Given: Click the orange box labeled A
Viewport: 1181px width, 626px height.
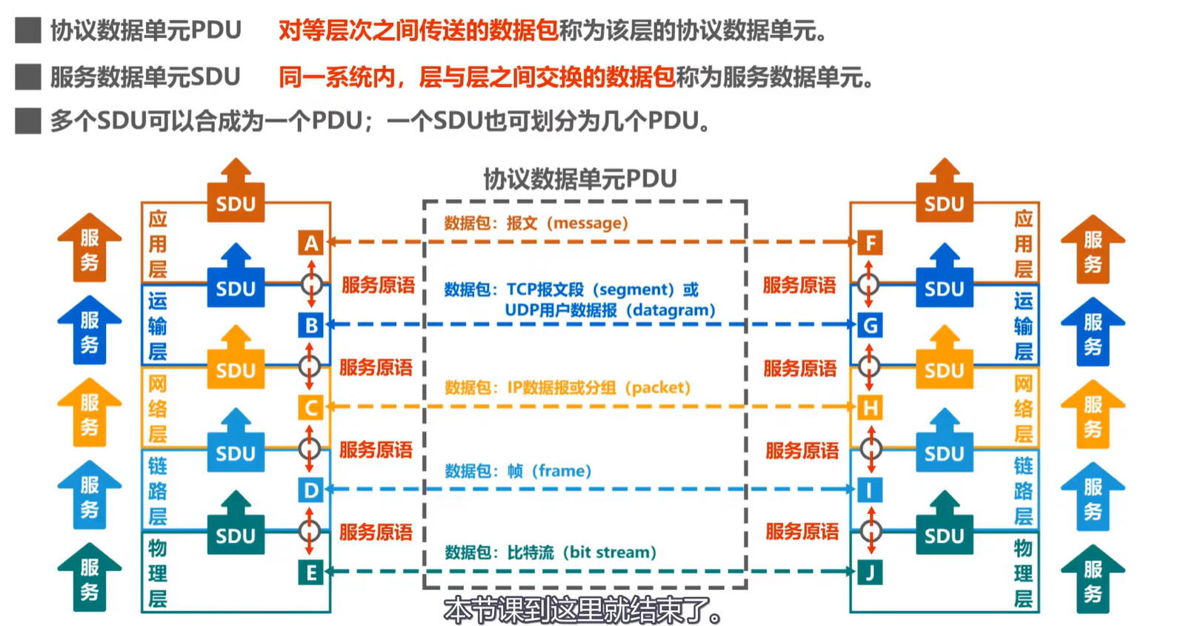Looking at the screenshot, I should click(x=311, y=243).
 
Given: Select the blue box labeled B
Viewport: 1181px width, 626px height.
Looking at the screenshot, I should click(x=311, y=325).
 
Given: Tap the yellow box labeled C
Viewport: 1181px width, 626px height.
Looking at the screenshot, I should click(x=311, y=407).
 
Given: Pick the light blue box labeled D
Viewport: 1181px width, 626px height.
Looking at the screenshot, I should click(x=311, y=490).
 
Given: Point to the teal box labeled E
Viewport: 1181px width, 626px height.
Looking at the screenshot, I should click(x=311, y=572).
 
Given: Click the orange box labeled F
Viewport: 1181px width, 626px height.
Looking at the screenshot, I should click(x=870, y=243).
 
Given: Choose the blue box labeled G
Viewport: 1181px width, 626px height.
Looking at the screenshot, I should click(x=870, y=325).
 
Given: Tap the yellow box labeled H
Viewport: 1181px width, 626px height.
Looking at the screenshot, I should click(x=870, y=407).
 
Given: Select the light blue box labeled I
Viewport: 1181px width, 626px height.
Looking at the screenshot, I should click(x=870, y=490).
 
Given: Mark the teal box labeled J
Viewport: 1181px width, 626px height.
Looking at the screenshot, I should click(x=870, y=572).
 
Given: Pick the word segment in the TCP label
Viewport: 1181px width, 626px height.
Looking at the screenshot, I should click(x=632, y=289).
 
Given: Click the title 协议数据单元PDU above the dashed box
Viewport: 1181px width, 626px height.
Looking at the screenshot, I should click(x=580, y=179).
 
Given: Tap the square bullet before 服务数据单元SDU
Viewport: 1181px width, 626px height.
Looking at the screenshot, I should click(x=28, y=76).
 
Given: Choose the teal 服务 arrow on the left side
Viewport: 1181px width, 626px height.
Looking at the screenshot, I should click(x=90, y=578).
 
